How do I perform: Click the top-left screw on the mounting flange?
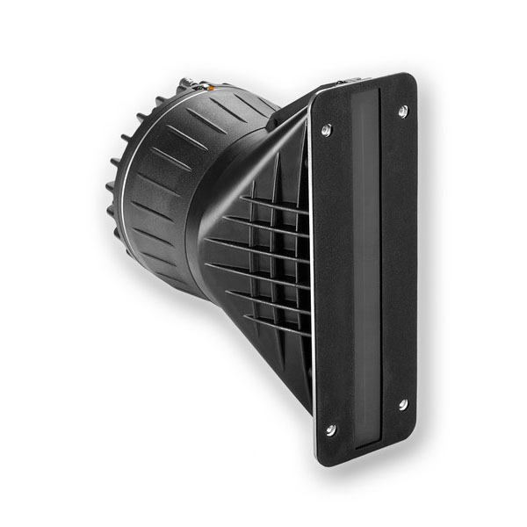pos(326,130)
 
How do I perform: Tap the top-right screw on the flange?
pos(402,111)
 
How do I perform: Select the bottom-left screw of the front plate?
pos(330,430)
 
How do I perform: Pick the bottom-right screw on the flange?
pos(402,404)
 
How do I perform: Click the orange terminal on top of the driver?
pos(209,87)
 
